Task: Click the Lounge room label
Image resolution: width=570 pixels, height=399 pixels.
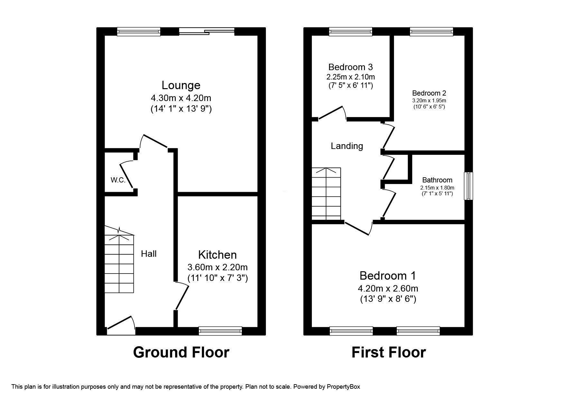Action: (181, 85)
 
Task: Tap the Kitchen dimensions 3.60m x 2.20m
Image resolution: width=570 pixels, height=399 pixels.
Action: (218, 267)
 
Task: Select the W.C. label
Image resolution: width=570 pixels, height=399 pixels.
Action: (118, 180)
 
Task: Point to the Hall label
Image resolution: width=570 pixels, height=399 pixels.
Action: (149, 254)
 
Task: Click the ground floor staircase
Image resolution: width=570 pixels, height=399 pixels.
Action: (119, 264)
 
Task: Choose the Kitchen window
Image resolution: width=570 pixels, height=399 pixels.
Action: (220, 331)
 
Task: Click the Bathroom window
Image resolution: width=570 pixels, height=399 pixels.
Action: (468, 186)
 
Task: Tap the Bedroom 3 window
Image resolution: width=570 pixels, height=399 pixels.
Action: (351, 31)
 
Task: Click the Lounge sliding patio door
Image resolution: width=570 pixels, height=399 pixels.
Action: (207, 31)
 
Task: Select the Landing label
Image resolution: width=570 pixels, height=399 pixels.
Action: (347, 146)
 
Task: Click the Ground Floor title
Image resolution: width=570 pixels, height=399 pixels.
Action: (181, 352)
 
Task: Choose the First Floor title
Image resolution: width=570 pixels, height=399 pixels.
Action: (388, 352)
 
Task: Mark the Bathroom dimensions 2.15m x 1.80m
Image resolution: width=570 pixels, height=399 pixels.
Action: (437, 188)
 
